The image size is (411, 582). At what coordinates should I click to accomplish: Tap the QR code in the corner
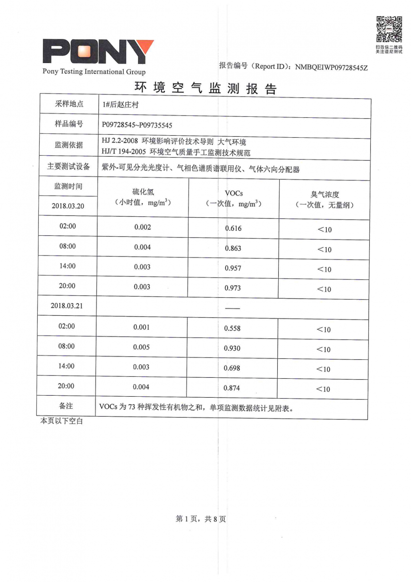coord(389,29)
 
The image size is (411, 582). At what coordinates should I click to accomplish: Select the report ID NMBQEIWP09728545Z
coord(332,67)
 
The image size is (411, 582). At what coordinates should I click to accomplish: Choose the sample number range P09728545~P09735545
coord(137,125)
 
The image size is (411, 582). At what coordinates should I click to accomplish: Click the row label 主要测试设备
coord(68,166)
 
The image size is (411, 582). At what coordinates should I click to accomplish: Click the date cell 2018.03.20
coord(68,206)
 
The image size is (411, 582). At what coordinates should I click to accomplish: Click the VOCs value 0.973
coord(233,288)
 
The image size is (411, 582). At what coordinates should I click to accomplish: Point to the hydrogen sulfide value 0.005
coord(142,347)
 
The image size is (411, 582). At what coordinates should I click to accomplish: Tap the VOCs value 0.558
coord(232,328)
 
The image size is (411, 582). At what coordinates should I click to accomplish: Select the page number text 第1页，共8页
coord(201,519)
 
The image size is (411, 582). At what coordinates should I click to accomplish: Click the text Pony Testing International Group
coord(94,72)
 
